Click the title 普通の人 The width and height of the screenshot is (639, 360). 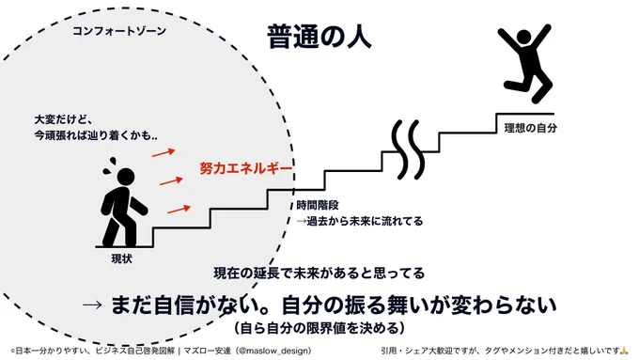tap(319, 37)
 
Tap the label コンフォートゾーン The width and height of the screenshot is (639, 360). tap(119, 31)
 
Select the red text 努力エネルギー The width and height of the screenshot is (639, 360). tap(246, 168)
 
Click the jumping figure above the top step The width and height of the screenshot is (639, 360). tap(525, 63)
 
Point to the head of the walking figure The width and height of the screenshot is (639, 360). tap(126, 177)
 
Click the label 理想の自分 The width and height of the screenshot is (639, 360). tap(530, 128)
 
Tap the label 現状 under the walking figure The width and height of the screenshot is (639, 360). tap(122, 258)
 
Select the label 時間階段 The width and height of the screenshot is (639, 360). tap(318, 205)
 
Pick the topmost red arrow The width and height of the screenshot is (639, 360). tap(164, 153)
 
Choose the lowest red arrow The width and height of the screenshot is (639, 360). tap(179, 210)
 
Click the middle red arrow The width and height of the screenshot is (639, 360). tap(171, 181)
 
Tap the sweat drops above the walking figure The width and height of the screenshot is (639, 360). tap(109, 165)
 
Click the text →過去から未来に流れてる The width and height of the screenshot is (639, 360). tap(359, 222)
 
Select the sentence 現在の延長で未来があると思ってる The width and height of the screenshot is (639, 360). tap(319, 273)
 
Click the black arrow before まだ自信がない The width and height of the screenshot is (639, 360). tap(92, 305)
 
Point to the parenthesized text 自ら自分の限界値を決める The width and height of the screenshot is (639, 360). tap(319, 328)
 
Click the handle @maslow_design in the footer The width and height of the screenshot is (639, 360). tap(274, 351)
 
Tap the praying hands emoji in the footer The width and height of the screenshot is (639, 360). tap(624, 351)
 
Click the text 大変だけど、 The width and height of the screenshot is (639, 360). tap(64, 119)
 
